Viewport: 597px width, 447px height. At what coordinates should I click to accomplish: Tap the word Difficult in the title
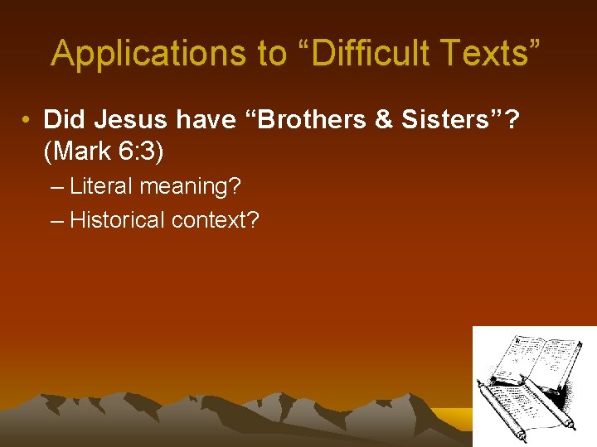pos(365,53)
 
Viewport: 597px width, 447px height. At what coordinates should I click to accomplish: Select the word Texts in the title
pos(488,53)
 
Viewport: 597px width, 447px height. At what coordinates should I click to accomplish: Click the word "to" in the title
pos(271,53)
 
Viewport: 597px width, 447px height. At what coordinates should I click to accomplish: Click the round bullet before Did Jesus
pos(28,121)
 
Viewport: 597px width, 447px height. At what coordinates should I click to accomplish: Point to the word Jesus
pos(127,120)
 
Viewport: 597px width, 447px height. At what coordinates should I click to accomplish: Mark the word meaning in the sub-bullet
pos(190,187)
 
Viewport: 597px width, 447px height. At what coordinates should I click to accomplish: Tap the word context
pos(216,219)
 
